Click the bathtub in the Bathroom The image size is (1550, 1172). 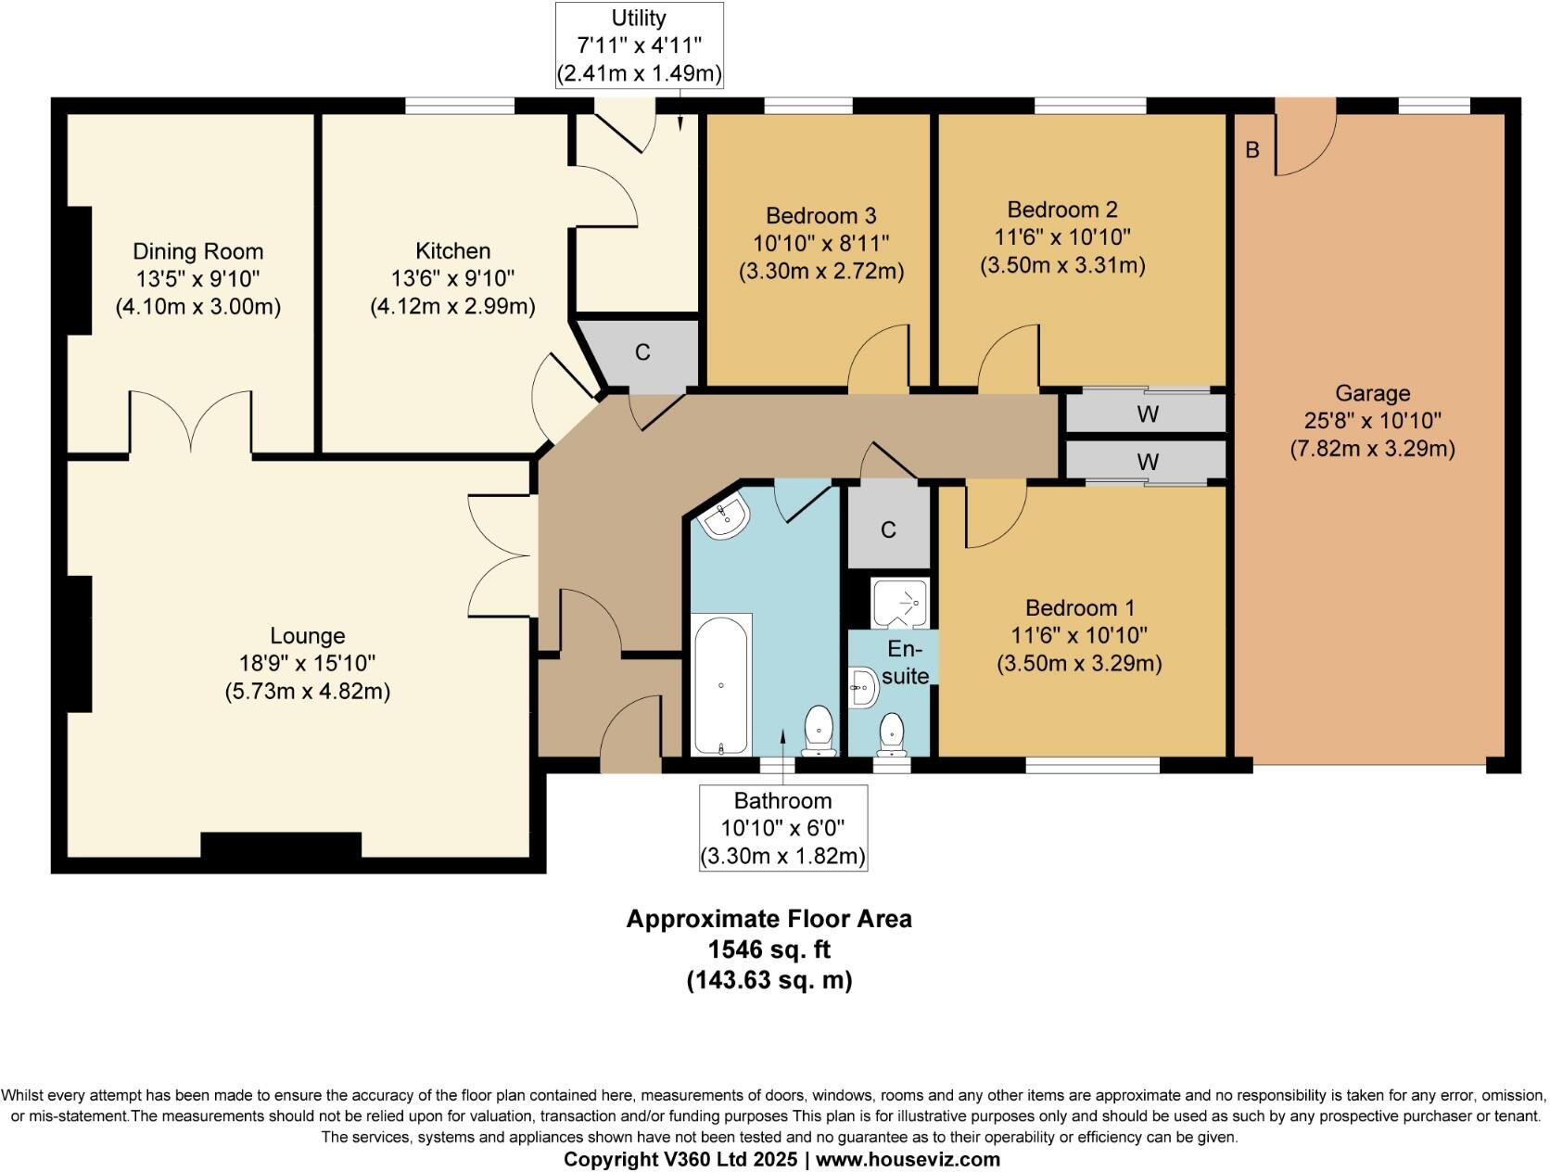pyautogui.click(x=721, y=684)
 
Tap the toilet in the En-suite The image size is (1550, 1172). pyautogui.click(x=892, y=732)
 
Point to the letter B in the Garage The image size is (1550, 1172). pyautogui.click(x=1252, y=149)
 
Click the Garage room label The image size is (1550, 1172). pyautogui.click(x=1372, y=393)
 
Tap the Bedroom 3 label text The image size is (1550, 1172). pyautogui.click(x=820, y=216)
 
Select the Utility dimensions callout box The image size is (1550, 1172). pyautogui.click(x=639, y=45)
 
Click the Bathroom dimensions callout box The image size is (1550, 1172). pyautogui.click(x=783, y=828)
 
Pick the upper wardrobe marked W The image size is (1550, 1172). pyautogui.click(x=1147, y=414)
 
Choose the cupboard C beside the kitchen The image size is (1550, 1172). pyautogui.click(x=642, y=352)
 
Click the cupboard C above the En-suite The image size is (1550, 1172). pyautogui.click(x=888, y=529)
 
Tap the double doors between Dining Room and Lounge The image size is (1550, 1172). pyautogui.click(x=191, y=422)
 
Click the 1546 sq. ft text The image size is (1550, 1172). pyautogui.click(x=769, y=949)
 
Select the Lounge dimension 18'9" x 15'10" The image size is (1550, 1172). pyautogui.click(x=307, y=663)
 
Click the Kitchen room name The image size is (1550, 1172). pyautogui.click(x=452, y=251)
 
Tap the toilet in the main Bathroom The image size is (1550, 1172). pyautogui.click(x=819, y=729)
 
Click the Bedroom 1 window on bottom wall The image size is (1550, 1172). pyautogui.click(x=1092, y=765)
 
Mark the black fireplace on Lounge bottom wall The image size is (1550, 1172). pyautogui.click(x=281, y=846)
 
